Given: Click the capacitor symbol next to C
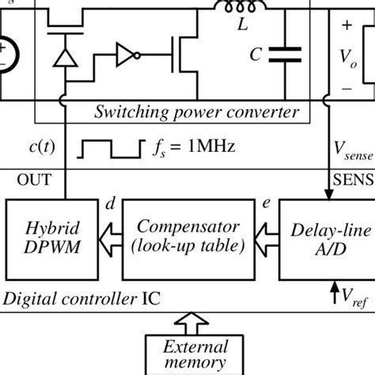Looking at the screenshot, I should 285,53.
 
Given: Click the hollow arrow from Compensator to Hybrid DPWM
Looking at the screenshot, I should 110,239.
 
